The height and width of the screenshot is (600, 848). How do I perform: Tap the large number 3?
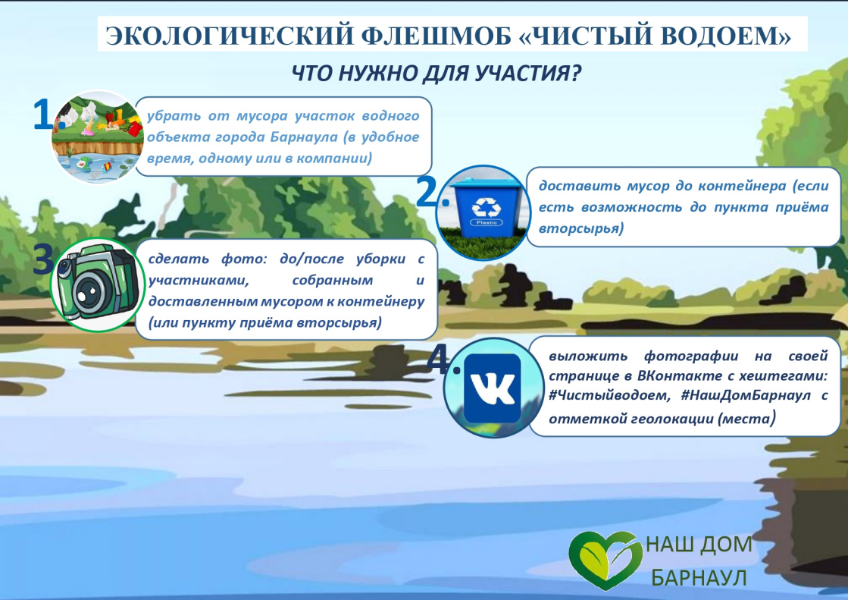(x=44, y=260)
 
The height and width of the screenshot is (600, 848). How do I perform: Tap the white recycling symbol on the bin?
(x=483, y=206)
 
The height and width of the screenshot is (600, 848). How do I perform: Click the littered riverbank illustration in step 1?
(x=97, y=137)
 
